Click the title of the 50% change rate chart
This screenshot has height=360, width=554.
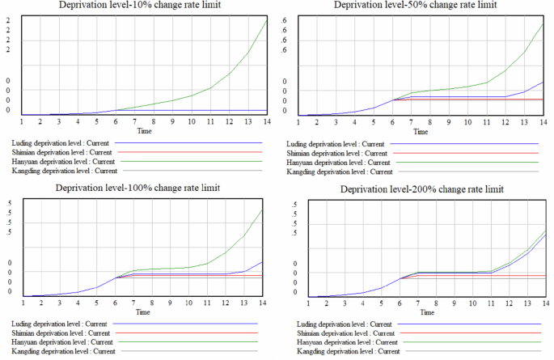(x=416, y=6)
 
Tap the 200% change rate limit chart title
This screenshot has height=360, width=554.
(x=421, y=188)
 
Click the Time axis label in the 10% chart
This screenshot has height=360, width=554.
(x=144, y=131)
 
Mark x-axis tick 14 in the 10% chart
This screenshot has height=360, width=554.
(x=268, y=122)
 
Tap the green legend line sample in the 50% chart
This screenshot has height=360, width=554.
(x=470, y=162)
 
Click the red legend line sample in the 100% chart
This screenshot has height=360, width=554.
(x=186, y=333)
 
